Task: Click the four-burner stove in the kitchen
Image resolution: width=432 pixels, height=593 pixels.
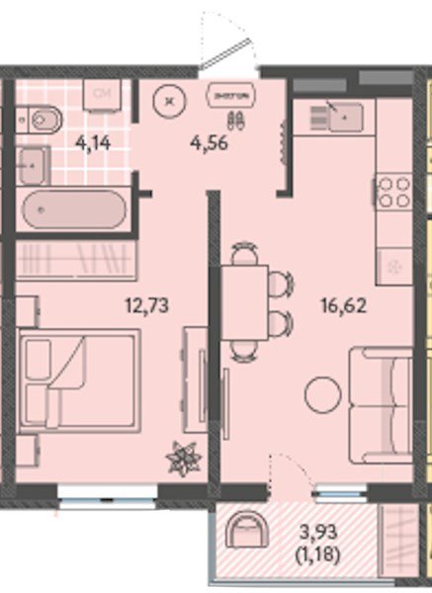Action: (x=394, y=191)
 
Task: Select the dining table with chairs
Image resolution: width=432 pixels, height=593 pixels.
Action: (x=243, y=301)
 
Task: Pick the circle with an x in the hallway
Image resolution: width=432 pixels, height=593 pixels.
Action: (x=171, y=99)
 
